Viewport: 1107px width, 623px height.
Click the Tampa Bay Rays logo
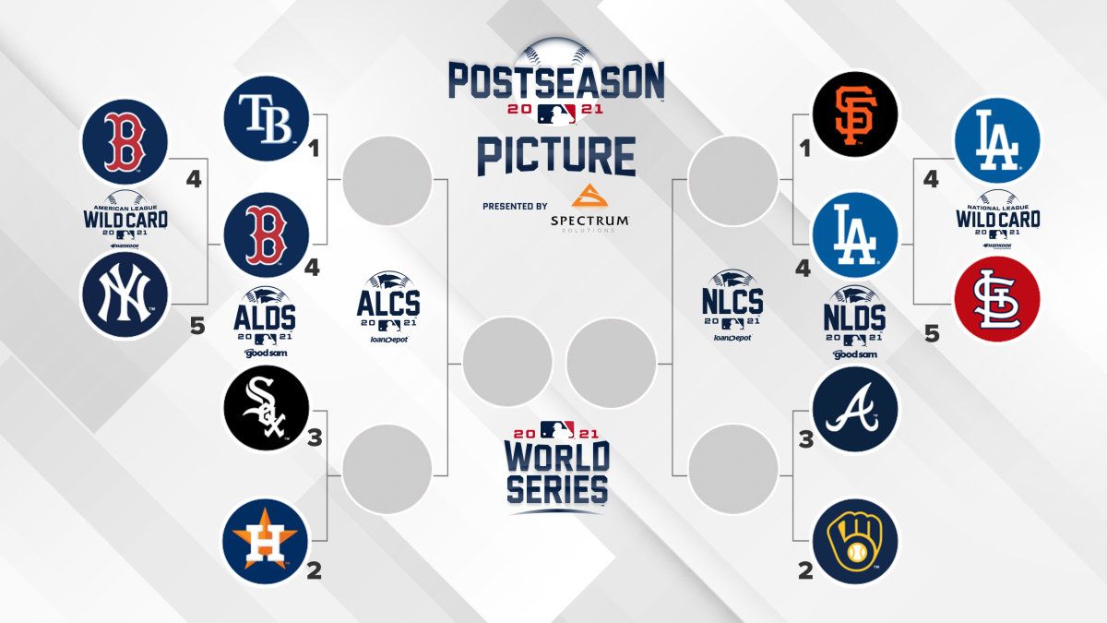(x=266, y=118)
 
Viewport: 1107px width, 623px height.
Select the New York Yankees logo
(x=125, y=295)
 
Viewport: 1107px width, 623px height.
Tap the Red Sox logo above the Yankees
(x=125, y=141)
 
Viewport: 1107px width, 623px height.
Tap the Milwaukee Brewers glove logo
(x=855, y=541)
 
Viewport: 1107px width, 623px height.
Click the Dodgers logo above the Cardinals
(x=997, y=140)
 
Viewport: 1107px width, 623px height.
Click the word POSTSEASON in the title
(x=556, y=81)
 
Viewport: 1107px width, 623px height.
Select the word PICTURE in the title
(x=556, y=155)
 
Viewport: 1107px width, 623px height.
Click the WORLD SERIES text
(x=556, y=471)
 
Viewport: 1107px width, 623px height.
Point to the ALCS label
(x=387, y=304)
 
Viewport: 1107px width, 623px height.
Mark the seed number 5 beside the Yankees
(x=196, y=326)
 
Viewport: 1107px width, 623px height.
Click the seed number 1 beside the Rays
(x=314, y=148)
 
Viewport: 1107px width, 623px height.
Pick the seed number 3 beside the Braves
(x=805, y=439)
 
